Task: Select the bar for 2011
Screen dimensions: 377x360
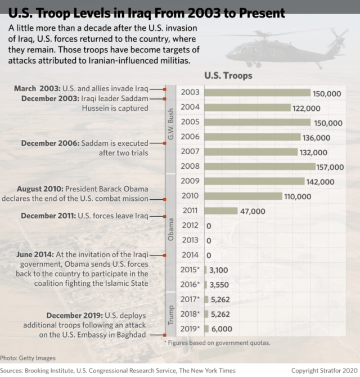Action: point(221,210)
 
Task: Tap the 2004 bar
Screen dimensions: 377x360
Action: point(247,107)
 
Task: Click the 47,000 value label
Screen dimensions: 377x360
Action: point(253,211)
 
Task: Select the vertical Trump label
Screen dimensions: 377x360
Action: point(170,315)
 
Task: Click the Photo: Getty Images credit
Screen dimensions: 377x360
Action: point(28,358)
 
